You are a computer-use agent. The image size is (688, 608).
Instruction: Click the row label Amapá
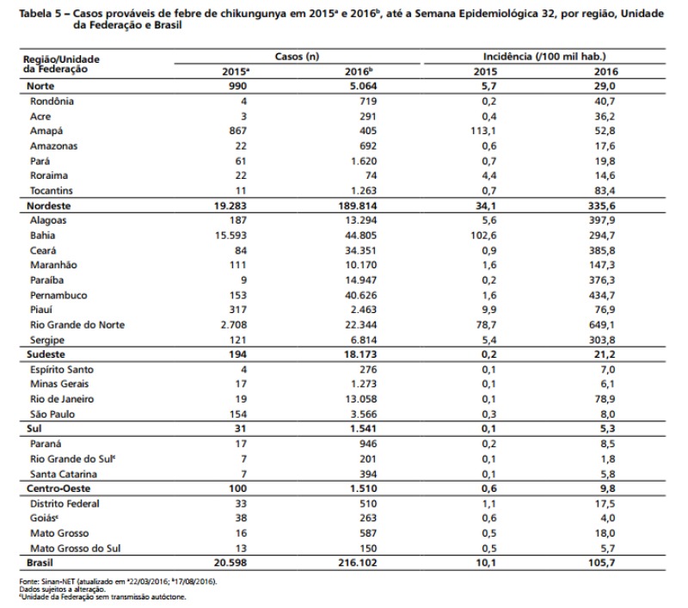pyautogui.click(x=46, y=132)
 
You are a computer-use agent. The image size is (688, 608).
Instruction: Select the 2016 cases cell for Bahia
pyautogui.click(x=360, y=236)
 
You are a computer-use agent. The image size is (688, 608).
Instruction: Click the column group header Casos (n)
pyautogui.click(x=297, y=57)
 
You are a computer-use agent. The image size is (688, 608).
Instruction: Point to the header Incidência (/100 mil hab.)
pyautogui.click(x=544, y=57)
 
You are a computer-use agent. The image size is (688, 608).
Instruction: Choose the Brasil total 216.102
pyautogui.click(x=357, y=562)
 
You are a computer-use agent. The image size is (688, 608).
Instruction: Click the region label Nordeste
pyautogui.click(x=49, y=206)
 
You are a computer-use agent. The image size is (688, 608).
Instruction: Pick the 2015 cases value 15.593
pyautogui.click(x=230, y=236)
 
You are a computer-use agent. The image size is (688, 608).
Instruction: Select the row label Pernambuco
pyautogui.click(x=58, y=295)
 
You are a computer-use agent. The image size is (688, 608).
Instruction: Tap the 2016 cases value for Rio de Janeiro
pyautogui.click(x=360, y=399)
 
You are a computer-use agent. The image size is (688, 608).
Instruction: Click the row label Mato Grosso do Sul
pyautogui.click(x=75, y=549)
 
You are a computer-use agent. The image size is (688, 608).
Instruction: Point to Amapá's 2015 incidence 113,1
pyautogui.click(x=483, y=132)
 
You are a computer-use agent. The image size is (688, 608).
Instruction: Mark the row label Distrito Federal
pyautogui.click(x=64, y=504)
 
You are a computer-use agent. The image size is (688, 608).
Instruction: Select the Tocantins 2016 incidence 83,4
pyautogui.click(x=605, y=191)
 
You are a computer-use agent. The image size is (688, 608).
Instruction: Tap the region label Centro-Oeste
pyautogui.click(x=58, y=488)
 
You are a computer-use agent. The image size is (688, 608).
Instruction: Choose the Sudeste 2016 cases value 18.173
pyautogui.click(x=360, y=354)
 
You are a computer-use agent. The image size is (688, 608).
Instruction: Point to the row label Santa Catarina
pyautogui.click(x=63, y=474)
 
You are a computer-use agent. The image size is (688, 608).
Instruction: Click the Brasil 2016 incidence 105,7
pyautogui.click(x=601, y=562)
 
